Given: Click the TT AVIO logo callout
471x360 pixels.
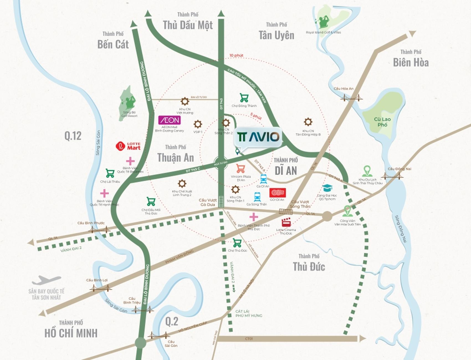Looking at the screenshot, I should coord(258,137).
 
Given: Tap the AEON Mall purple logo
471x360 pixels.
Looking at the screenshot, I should coord(170,120).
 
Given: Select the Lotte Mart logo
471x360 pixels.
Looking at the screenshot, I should coord(128,146).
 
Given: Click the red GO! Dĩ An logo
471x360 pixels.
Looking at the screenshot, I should coord(277,193).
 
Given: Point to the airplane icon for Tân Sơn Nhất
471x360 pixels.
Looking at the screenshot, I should coord(46,280).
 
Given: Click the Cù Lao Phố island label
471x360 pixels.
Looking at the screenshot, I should coord(382,122).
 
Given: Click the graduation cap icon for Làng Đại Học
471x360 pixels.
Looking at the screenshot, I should coord(327,188).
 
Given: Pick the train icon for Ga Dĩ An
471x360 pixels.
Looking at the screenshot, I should coord(263,179).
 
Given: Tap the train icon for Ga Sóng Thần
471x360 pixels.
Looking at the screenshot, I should coord(257,197).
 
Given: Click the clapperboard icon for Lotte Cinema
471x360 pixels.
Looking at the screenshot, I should coord(286,223).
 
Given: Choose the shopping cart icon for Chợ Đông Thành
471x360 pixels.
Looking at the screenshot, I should coord(244,98).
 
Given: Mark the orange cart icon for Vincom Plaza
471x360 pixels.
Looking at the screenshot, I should coord(240,168).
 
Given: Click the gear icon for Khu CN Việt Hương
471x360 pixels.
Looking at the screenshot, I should coord(185,101).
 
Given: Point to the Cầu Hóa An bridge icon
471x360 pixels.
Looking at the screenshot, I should coord(352,98).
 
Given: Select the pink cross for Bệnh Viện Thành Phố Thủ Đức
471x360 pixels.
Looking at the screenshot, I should coord(254,217).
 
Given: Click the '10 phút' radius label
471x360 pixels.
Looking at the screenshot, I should coord(236,55).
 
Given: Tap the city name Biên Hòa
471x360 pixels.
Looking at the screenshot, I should coord(411,63).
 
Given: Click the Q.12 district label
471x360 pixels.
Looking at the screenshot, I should coord(73,136).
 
